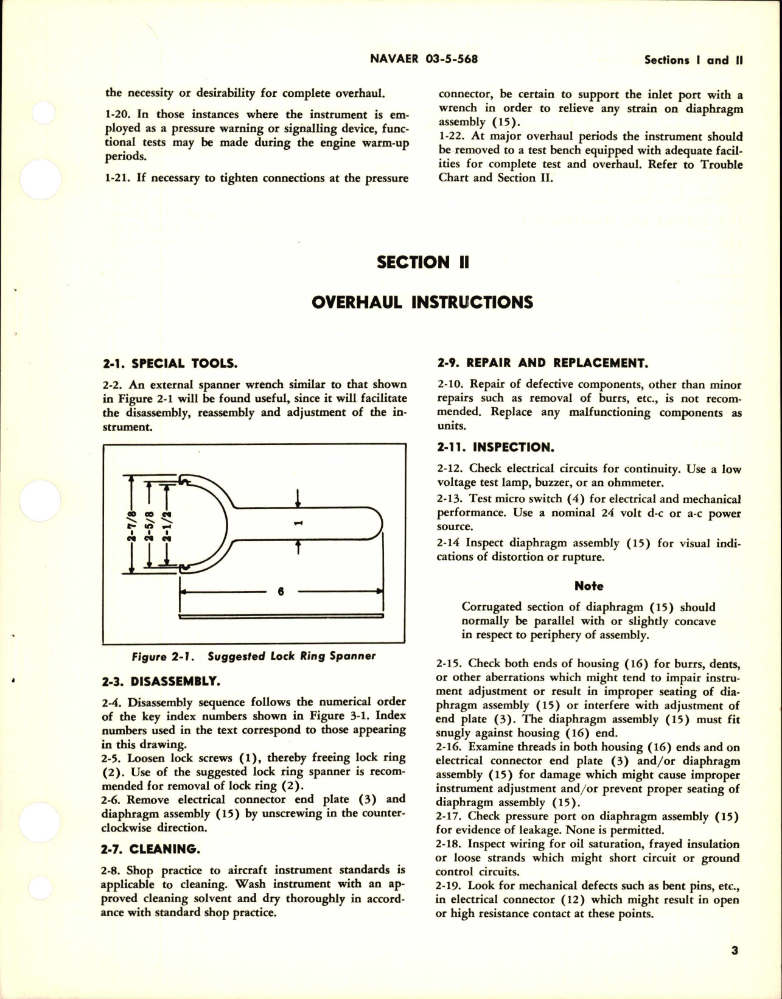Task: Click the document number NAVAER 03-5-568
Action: click(424, 59)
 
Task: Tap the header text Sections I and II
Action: click(694, 60)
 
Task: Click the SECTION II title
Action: click(422, 262)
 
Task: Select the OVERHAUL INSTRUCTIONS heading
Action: click(422, 302)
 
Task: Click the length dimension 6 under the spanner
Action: click(281, 591)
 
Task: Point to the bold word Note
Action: click(588, 586)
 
